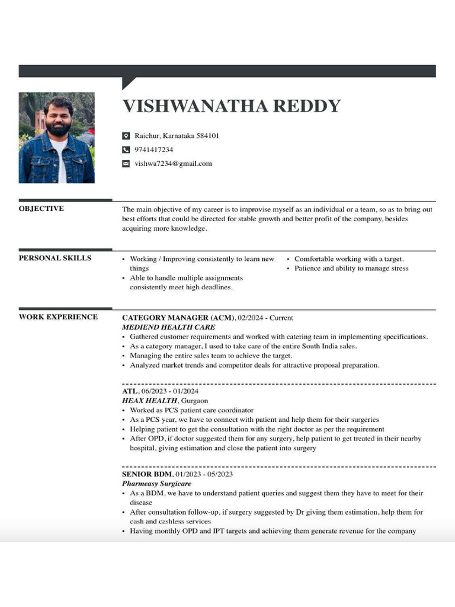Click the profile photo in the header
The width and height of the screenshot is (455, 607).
pyautogui.click(x=56, y=138)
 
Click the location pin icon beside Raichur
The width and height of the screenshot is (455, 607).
pyautogui.click(x=126, y=136)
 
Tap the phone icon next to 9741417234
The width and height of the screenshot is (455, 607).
pyautogui.click(x=126, y=150)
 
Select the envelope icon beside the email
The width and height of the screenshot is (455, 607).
pyautogui.click(x=126, y=164)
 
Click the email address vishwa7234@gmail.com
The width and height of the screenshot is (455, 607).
pyautogui.click(x=173, y=164)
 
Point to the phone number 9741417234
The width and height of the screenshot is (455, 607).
pyautogui.click(x=153, y=150)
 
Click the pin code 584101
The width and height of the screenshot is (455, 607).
pyautogui.click(x=207, y=136)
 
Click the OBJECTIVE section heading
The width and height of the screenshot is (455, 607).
pyautogui.click(x=41, y=209)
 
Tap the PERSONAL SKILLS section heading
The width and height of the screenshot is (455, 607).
pyautogui.click(x=55, y=258)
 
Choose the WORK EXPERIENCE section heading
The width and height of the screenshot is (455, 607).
pyautogui.click(x=58, y=317)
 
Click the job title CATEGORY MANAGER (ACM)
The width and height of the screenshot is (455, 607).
pyautogui.click(x=178, y=318)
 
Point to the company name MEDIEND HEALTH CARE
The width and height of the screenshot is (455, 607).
pyautogui.click(x=168, y=327)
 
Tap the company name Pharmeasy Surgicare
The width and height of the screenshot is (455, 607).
pyautogui.click(x=156, y=484)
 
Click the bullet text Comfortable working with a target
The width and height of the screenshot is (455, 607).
pyautogui.click(x=349, y=259)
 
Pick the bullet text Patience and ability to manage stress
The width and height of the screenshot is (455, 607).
pyautogui.click(x=351, y=269)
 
